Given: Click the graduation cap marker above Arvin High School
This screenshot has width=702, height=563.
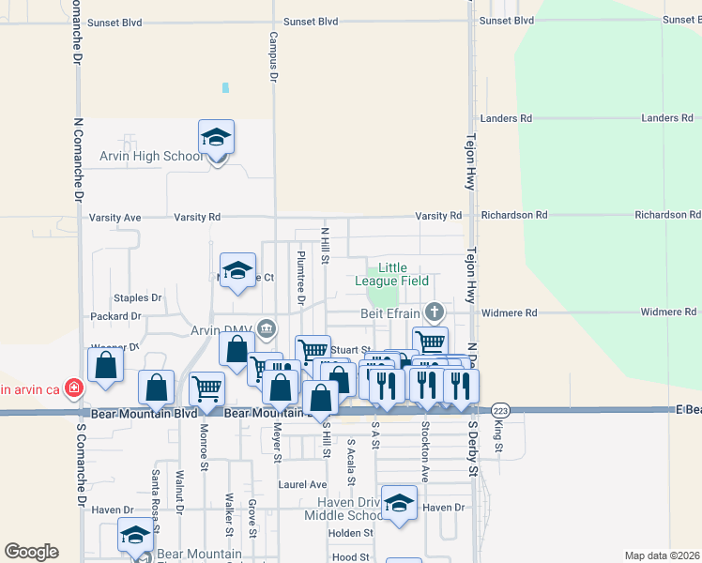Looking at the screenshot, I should point(216,139).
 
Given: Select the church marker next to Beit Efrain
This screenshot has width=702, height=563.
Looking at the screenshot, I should point(434,311).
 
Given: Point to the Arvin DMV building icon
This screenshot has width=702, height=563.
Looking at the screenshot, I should point(267,328).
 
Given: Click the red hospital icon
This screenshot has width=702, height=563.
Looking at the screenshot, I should point(73,388).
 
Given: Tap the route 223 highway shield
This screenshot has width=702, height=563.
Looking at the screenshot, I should point(500,411).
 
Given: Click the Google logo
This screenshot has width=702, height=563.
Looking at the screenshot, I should point(31,552).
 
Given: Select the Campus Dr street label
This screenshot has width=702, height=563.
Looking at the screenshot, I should point(273,58).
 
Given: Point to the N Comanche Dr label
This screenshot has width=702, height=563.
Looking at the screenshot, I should point(79,160).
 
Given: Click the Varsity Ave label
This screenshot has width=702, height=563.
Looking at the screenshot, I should point(114,218).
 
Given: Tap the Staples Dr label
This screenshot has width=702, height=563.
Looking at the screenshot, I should point(138,298).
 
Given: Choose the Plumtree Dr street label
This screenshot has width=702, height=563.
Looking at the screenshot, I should point(301,278).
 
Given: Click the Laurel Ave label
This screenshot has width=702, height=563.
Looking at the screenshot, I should point(302,485).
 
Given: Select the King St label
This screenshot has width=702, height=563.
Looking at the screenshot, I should point(498,435).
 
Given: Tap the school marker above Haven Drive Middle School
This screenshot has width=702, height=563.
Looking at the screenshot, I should point(400,504).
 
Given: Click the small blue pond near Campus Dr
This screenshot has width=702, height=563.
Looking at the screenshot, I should point(225,88).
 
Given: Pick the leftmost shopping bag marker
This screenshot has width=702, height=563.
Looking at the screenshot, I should point(105,365).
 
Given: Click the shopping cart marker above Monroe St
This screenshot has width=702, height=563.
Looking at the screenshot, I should point(206,388).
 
